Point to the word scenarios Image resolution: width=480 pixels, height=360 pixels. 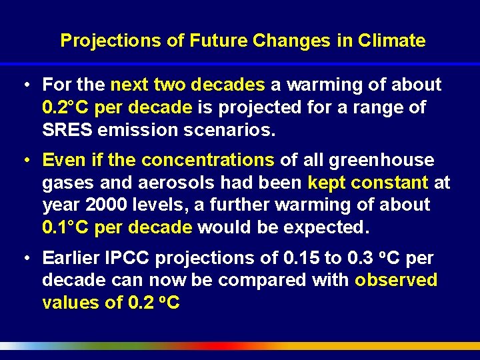pyautogui.click(x=229, y=129)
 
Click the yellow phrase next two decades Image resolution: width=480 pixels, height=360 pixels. pyautogui.click(x=187, y=85)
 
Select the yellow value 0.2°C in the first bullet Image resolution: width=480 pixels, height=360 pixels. pyautogui.click(x=65, y=107)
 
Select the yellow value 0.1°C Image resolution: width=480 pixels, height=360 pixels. pyautogui.click(x=65, y=227)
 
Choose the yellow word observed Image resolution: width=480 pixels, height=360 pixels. pyautogui.click(x=396, y=280)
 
